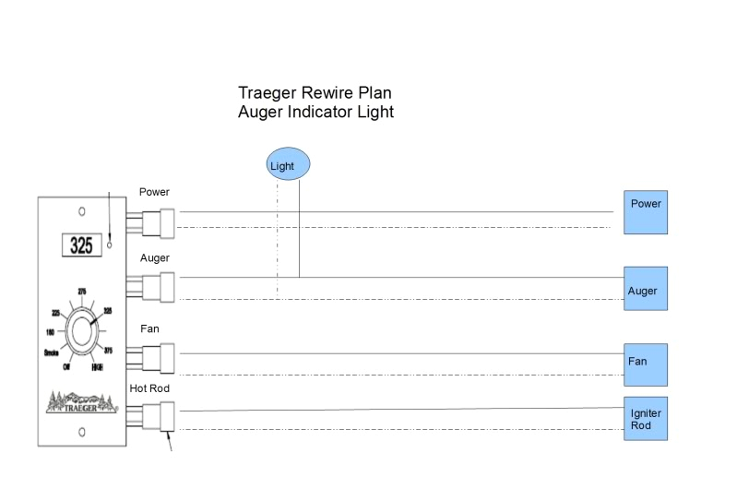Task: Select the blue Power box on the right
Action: pyautogui.click(x=645, y=213)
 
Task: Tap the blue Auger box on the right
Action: pyautogui.click(x=645, y=289)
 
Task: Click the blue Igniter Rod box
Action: pyautogui.click(x=645, y=418)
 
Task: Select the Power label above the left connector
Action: pyautogui.click(x=154, y=193)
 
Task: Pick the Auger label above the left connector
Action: pyautogui.click(x=154, y=258)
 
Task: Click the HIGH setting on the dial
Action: pyautogui.click(x=97, y=368)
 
